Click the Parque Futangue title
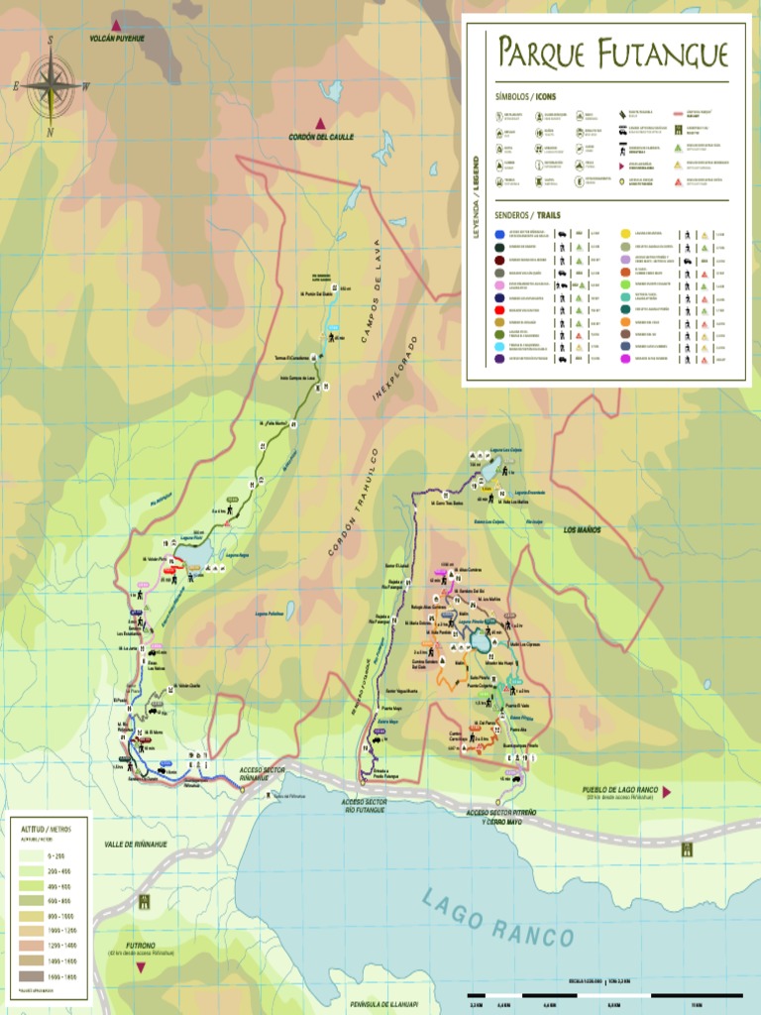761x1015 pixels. pyautogui.click(x=612, y=55)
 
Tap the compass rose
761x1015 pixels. pyautogui.click(x=51, y=85)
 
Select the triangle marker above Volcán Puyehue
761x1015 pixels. pyautogui.click(x=117, y=25)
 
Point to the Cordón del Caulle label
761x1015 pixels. pyautogui.click(x=321, y=137)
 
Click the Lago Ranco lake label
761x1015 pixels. pyautogui.click(x=497, y=918)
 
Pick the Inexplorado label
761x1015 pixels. pyautogui.click(x=394, y=368)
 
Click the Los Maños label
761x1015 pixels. pyautogui.click(x=582, y=530)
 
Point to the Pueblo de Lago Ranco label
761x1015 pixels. pyautogui.click(x=620, y=791)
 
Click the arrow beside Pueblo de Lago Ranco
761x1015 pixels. pyautogui.click(x=668, y=792)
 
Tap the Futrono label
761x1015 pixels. pyautogui.click(x=142, y=947)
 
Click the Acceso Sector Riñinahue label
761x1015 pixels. pyautogui.click(x=262, y=773)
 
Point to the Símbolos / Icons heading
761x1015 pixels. pyautogui.click(x=526, y=97)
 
